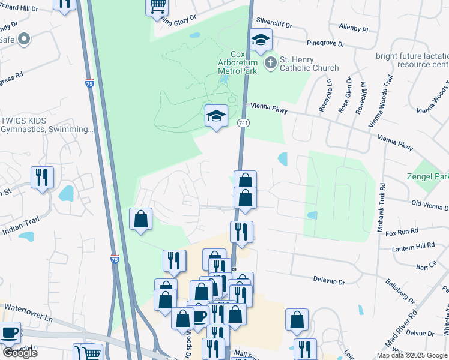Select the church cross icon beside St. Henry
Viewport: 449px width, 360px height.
coord(271,62)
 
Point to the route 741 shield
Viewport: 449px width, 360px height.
coord(243,123)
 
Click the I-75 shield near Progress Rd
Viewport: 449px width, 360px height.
coord(89,84)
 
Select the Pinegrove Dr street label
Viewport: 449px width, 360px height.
coord(326,44)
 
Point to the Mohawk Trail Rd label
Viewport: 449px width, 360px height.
coord(382,204)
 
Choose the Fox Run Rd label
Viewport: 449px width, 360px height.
coord(402,231)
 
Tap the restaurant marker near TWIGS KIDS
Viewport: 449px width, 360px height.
coord(42,177)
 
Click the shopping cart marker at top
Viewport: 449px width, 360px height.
coord(157,6)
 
